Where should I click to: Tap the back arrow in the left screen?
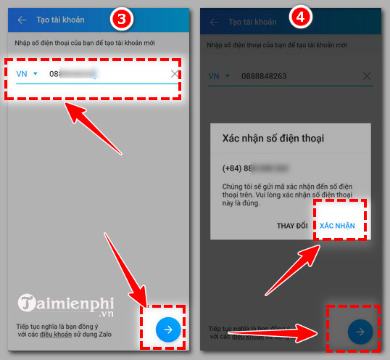[22, 21]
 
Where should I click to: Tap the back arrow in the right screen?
[214, 22]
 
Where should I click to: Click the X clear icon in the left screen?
[174, 74]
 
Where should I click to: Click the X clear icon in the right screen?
[368, 75]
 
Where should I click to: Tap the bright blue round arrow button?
[168, 330]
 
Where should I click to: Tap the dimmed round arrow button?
[360, 332]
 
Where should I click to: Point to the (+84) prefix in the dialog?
[235, 168]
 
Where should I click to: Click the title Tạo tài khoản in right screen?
[252, 22]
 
